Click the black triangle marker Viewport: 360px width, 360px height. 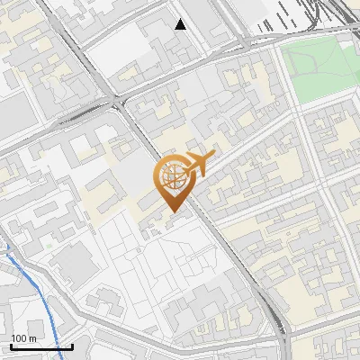click(181, 24)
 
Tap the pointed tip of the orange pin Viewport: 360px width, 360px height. click(173, 212)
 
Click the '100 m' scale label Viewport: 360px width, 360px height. click(23, 338)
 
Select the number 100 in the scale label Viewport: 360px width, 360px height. click(19, 338)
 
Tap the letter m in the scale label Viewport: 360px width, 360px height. click(32, 338)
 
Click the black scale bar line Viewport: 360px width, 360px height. click(40, 347)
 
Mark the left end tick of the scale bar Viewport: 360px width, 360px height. click(11, 346)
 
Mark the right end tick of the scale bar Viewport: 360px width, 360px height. click(72, 346)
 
